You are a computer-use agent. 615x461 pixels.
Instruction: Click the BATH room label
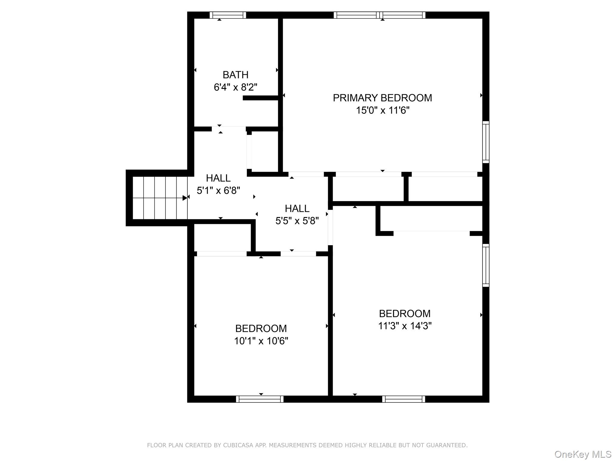click(x=235, y=75)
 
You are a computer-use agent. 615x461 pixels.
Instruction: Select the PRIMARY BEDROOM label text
click(x=382, y=98)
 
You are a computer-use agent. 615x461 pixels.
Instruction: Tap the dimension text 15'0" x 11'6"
click(x=382, y=110)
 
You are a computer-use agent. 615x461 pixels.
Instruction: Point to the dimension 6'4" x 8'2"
click(x=235, y=87)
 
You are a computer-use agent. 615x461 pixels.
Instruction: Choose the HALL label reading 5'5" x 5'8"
click(x=297, y=209)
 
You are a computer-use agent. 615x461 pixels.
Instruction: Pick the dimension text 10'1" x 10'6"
click(x=261, y=341)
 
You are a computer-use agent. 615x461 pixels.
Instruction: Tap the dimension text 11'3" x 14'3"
click(x=404, y=326)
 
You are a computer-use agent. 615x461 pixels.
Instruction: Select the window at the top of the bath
click(x=228, y=15)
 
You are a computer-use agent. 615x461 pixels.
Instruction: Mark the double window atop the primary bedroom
click(x=380, y=15)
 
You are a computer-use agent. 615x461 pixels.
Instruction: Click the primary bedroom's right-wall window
click(x=486, y=142)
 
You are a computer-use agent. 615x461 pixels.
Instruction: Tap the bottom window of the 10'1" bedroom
click(x=259, y=399)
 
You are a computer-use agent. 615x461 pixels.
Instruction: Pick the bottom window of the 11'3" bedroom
click(x=404, y=399)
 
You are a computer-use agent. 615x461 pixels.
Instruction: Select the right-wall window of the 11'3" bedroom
click(x=486, y=265)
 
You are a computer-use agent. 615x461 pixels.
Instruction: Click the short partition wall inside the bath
click(x=260, y=98)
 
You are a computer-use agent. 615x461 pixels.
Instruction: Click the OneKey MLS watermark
click(x=583, y=454)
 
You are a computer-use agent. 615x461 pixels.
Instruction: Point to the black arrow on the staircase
click(x=185, y=198)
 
